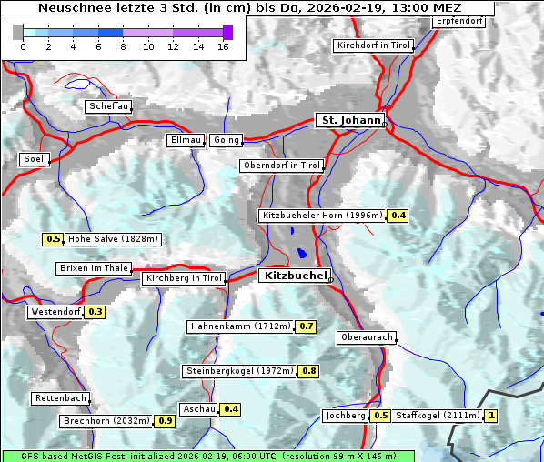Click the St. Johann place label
[x=350, y=120]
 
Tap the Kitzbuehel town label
[x=294, y=275]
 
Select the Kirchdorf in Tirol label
[x=373, y=45]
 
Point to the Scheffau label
[x=108, y=106]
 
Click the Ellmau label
[x=185, y=140]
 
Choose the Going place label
[x=226, y=140]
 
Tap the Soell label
[x=34, y=159]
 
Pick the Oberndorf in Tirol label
[x=282, y=166]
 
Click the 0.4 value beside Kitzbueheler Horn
[x=398, y=216]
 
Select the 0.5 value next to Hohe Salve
[x=53, y=239]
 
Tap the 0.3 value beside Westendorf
[x=96, y=312]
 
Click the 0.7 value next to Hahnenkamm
[x=306, y=326]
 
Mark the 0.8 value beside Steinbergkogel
[x=309, y=371]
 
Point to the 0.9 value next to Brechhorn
[x=165, y=421]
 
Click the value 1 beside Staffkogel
[x=492, y=416]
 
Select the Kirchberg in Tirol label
[x=184, y=278]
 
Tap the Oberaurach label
[x=366, y=337]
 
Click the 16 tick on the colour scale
[x=223, y=45]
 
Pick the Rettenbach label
[x=61, y=398]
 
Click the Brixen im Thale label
[x=93, y=268]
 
